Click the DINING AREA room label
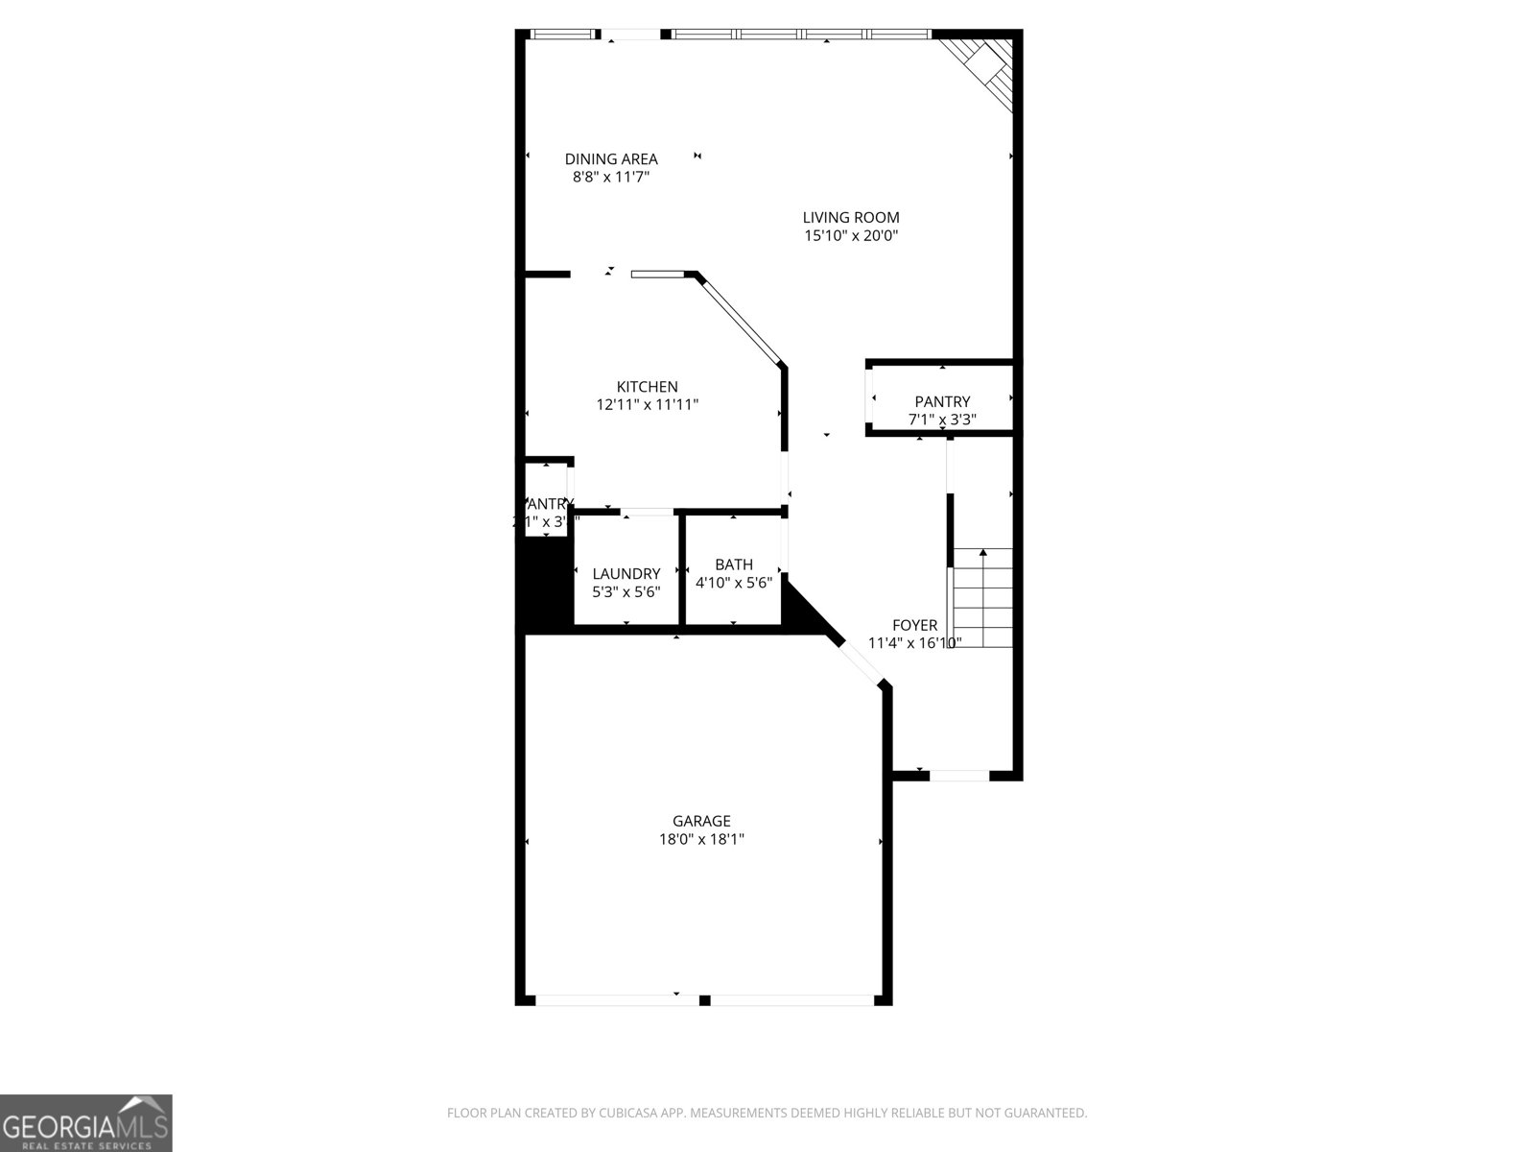[611, 159]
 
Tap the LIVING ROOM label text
[851, 218]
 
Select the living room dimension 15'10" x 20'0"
[851, 236]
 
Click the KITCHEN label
[647, 387]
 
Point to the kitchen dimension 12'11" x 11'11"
[647, 405]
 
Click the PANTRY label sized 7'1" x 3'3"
[942, 401]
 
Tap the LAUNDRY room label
[626, 574]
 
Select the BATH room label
[734, 564]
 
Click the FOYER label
[914, 625]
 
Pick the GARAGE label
[701, 821]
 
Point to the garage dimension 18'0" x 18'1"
[701, 839]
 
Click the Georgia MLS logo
[85, 1122]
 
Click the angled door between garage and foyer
[861, 661]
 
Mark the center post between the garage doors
[704, 1000]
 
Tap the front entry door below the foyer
[959, 775]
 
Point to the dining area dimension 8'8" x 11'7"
[611, 178]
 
